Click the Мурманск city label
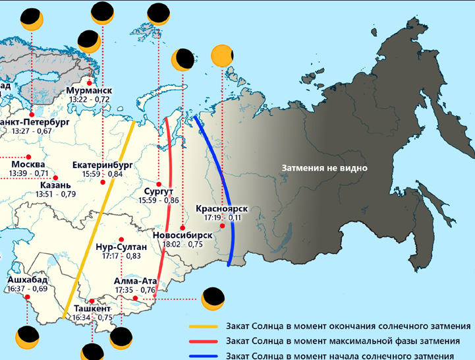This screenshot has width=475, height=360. click(x=89, y=90)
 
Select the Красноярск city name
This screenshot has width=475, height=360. click(x=222, y=209)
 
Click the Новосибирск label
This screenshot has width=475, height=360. click(x=182, y=235)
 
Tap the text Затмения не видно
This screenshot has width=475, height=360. click(x=324, y=168)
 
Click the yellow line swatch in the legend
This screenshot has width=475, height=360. click(x=204, y=326)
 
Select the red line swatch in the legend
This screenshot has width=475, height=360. click(x=204, y=342)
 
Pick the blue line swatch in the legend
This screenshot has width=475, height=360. click(x=204, y=356)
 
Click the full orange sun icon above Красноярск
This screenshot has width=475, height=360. click(x=222, y=57)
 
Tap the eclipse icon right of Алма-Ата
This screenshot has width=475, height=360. click(x=212, y=299)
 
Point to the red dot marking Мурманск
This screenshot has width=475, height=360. click(x=88, y=82)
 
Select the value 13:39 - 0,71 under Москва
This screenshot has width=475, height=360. click(x=28, y=173)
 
